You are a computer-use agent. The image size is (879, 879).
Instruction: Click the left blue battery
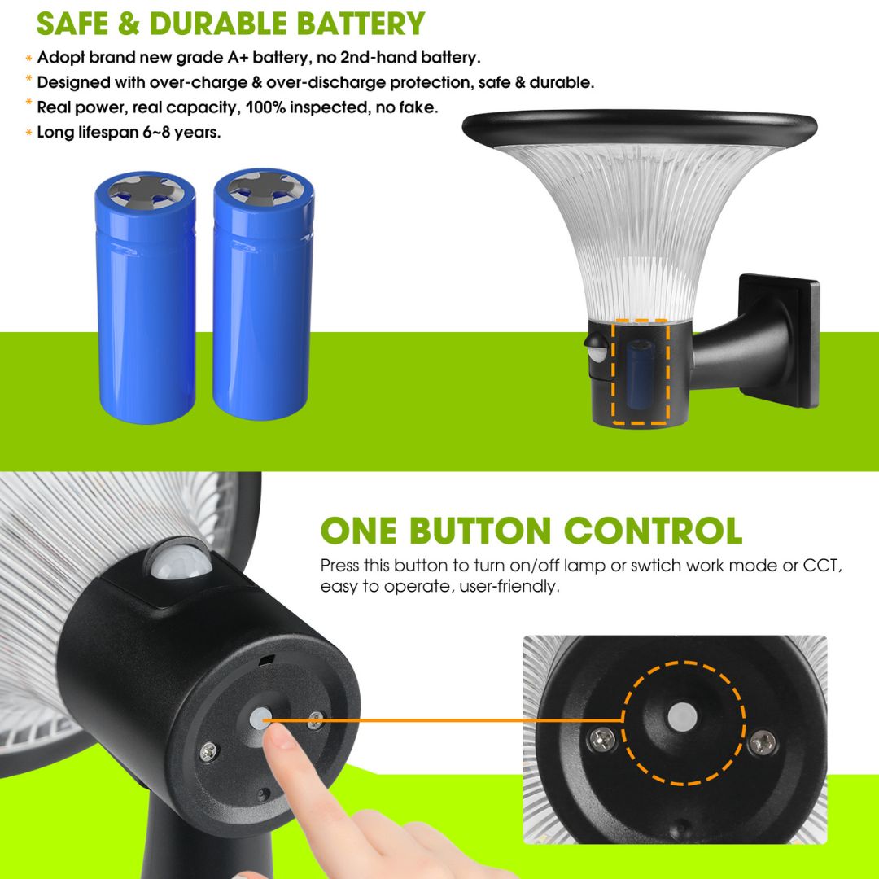pyautogui.click(x=146, y=297)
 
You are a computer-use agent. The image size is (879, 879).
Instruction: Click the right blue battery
pyautogui.click(x=263, y=294)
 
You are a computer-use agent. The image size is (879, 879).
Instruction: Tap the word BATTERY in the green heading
pyautogui.click(x=361, y=24)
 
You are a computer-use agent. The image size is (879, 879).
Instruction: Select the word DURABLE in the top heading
pyautogui.click(x=217, y=24)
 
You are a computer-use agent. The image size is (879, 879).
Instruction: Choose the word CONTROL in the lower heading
pyautogui.click(x=653, y=531)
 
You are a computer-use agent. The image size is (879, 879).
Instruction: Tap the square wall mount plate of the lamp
pyautogui.click(x=780, y=340)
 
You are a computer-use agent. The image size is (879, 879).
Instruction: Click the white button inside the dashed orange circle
pyautogui.click(x=683, y=716)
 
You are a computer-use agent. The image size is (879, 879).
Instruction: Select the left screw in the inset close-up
pyautogui.click(x=602, y=739)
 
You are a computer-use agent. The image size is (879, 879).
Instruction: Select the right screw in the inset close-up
pyautogui.click(x=763, y=743)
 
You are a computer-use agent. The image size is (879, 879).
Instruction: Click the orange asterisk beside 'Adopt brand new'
pyautogui.click(x=28, y=58)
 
